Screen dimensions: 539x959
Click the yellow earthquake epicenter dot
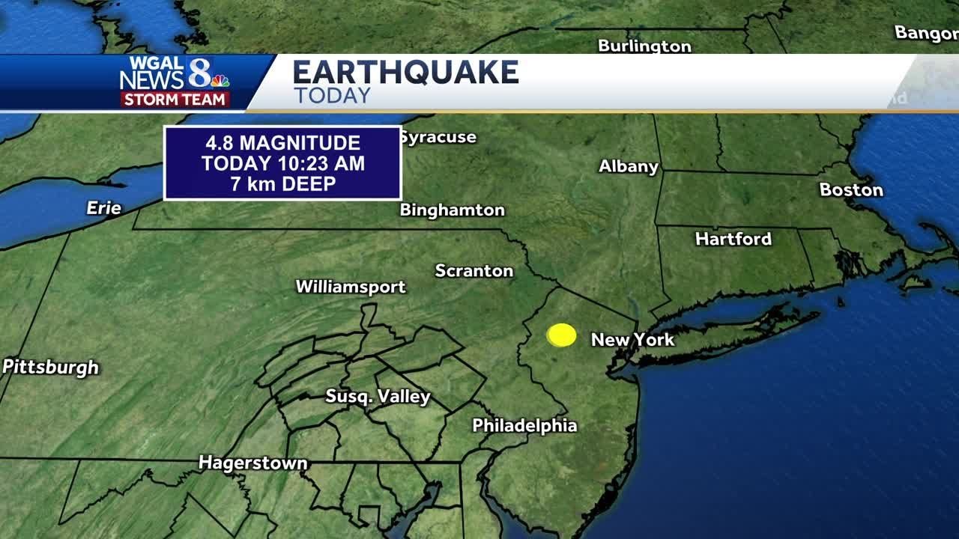(561, 335)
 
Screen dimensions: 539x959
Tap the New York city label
(632, 340)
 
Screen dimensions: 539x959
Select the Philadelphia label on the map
(524, 426)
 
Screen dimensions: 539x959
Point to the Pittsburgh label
(51, 367)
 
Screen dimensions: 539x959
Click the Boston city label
(851, 189)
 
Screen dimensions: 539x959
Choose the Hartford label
(733, 239)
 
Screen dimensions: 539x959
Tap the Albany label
(628, 166)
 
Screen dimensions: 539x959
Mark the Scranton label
(474, 270)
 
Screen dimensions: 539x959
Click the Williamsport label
(351, 286)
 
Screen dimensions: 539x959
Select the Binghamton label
(452, 210)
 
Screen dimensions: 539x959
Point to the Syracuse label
(438, 137)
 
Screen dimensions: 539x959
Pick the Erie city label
(104, 208)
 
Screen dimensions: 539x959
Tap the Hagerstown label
(252, 463)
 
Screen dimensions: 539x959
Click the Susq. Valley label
(378, 396)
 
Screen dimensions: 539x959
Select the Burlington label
(644, 46)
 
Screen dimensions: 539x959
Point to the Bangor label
(926, 33)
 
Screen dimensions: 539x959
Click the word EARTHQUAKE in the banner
(405, 73)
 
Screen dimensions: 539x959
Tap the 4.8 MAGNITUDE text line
(282, 143)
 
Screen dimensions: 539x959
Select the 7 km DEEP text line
(282, 184)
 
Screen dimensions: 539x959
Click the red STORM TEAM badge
(175, 100)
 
